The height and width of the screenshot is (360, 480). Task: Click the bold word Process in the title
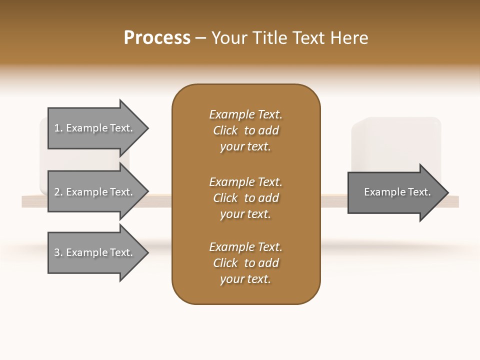[157, 37]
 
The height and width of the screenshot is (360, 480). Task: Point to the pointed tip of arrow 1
[147, 128]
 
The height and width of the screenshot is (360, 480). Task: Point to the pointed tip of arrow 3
[147, 253]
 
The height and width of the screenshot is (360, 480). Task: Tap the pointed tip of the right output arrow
[447, 192]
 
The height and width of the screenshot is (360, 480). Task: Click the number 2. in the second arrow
[58, 192]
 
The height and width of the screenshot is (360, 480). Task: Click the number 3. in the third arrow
[58, 252]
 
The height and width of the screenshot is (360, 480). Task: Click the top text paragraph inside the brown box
[245, 130]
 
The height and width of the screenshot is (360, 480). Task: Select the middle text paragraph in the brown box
[245, 198]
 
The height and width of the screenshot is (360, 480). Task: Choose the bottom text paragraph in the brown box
[245, 263]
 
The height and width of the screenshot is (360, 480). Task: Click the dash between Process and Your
[200, 38]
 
